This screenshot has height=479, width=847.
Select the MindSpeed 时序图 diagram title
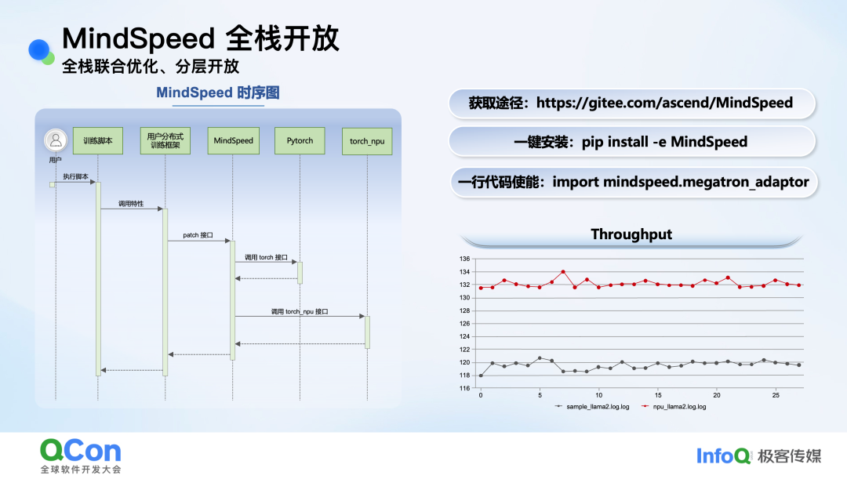[x=218, y=93]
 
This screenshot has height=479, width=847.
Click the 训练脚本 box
[x=98, y=141]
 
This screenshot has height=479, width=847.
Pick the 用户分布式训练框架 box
[x=165, y=141]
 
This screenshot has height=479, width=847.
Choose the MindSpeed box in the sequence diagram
[x=234, y=141]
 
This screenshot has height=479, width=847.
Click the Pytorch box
[x=300, y=141]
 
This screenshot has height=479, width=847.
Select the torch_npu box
[x=367, y=142]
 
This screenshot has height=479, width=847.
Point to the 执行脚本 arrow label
[x=76, y=176]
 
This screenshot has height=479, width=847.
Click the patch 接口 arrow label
[x=198, y=234]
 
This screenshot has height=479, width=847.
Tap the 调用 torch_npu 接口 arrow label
[x=300, y=311]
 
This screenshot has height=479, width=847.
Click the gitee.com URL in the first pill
[x=664, y=103]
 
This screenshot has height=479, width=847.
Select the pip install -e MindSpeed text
[x=664, y=142]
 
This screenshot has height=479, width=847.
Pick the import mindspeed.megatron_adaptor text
[x=680, y=182]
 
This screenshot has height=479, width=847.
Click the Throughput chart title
[x=631, y=234]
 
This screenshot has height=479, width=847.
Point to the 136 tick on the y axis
[x=465, y=259]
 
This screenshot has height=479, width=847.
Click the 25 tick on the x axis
[x=776, y=395]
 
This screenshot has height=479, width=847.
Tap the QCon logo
[x=81, y=451]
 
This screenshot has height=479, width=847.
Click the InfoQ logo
[x=724, y=455]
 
